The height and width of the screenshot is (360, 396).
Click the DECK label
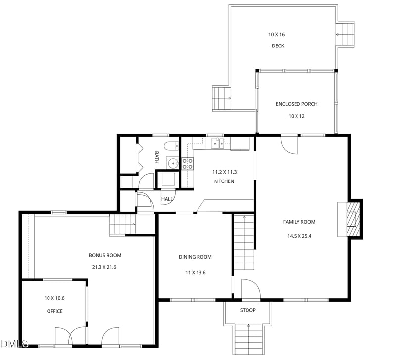(x=278, y=46)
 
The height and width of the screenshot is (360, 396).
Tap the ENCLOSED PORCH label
(x=297, y=104)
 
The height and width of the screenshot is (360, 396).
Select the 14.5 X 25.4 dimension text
(x=299, y=236)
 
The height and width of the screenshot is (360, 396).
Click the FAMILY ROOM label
(x=299, y=222)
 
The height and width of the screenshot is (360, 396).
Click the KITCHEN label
(x=224, y=181)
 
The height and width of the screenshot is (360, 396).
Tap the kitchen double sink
(x=217, y=143)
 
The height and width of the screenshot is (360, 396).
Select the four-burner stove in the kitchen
(x=188, y=163)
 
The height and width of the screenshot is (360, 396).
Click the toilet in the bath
(x=171, y=146)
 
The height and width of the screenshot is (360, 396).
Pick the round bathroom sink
(x=173, y=163)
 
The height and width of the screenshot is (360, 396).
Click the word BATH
(x=156, y=157)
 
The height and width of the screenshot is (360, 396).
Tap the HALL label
(x=167, y=199)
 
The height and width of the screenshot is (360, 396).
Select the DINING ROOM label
(x=195, y=257)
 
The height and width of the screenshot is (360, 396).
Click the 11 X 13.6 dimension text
(x=196, y=272)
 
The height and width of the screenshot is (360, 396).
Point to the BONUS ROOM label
(x=105, y=255)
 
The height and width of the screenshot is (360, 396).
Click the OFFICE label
(x=55, y=311)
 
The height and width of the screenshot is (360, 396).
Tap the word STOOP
(x=248, y=310)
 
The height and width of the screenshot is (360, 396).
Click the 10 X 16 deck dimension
(x=277, y=34)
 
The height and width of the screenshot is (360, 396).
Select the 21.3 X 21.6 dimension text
(x=104, y=267)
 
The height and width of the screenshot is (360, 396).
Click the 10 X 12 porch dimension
(x=297, y=116)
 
